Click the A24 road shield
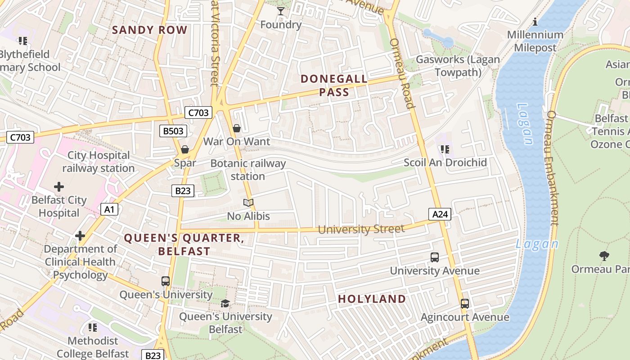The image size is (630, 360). tap(440, 214)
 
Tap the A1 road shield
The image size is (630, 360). tap(109, 209)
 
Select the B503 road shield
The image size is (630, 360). tap(173, 131)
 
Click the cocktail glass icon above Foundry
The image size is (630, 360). tap(281, 11)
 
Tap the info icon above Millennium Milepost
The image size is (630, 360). tap(535, 22)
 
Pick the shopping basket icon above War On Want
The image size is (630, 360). tap(237, 129)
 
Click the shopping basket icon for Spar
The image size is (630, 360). tap(185, 149)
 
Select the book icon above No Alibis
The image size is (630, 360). tap(248, 203)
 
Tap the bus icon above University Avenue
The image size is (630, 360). tap(435, 257)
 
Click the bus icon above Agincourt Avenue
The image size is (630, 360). tap(465, 304)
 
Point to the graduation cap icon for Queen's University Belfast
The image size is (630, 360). tap(225, 303)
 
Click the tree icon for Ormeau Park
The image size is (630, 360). tap(604, 256)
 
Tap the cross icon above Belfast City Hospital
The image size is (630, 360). tap(59, 186)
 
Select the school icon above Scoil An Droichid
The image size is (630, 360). tap(445, 149)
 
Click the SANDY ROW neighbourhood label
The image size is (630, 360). tap(149, 30)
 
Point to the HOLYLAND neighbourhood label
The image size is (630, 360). tap(372, 299)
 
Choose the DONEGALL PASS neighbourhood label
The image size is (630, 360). tap(334, 85)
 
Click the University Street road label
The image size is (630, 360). tap(361, 229)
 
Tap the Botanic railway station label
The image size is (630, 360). tap(248, 170)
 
